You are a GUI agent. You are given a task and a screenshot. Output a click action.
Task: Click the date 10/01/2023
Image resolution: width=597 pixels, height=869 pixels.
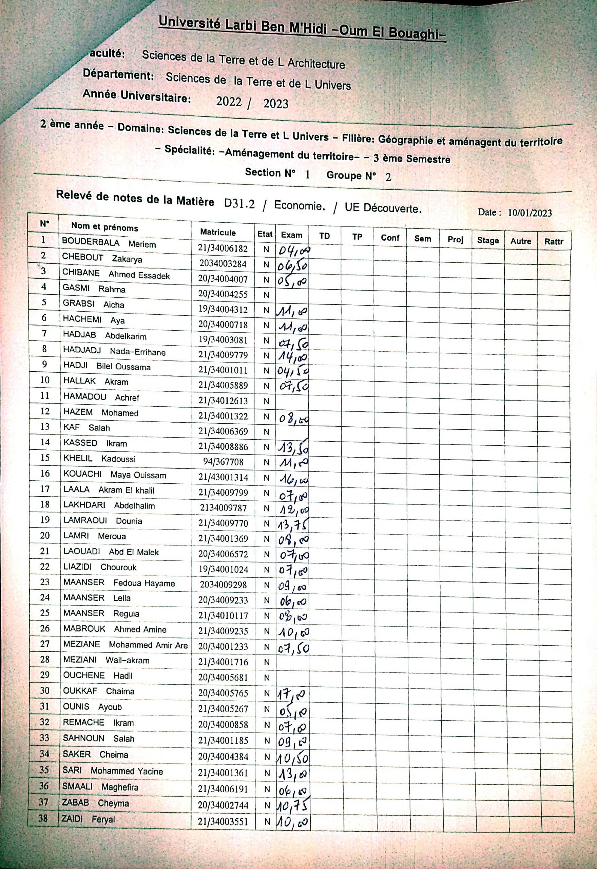(x=529, y=212)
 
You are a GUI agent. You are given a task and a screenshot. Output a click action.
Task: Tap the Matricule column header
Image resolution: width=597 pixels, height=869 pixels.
(x=218, y=232)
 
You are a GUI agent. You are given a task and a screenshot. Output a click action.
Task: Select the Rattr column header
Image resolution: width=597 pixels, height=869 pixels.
(x=554, y=241)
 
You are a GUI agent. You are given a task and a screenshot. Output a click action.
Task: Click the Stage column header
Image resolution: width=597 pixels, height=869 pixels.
(x=488, y=240)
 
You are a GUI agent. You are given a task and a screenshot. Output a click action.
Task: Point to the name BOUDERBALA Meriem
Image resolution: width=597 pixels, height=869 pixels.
(x=109, y=243)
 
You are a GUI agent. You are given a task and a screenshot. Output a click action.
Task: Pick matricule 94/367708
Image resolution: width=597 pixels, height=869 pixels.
(x=223, y=462)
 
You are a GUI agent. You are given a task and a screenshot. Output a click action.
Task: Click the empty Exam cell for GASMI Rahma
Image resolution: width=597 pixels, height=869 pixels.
(x=292, y=295)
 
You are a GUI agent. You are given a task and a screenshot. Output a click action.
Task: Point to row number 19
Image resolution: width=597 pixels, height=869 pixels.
(x=45, y=520)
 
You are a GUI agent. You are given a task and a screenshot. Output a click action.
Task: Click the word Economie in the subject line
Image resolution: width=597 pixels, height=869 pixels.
(x=299, y=205)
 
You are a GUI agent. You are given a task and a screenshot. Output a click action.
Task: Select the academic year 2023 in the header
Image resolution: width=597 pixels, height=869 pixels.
(x=276, y=103)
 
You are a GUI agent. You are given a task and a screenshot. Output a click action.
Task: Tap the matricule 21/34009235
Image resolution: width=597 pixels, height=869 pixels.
(x=223, y=631)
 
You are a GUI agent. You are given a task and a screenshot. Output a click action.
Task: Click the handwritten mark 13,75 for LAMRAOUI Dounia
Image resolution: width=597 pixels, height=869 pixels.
(x=292, y=525)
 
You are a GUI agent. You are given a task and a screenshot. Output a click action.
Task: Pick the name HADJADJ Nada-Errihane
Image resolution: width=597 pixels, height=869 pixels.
(x=114, y=351)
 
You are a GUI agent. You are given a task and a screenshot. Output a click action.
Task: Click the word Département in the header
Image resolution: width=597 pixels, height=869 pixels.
(x=118, y=74)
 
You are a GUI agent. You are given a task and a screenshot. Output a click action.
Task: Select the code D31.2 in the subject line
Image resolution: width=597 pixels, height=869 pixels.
(x=239, y=204)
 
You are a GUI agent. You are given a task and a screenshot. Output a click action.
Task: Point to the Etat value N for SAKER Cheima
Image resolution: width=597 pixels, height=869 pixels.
(x=267, y=756)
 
